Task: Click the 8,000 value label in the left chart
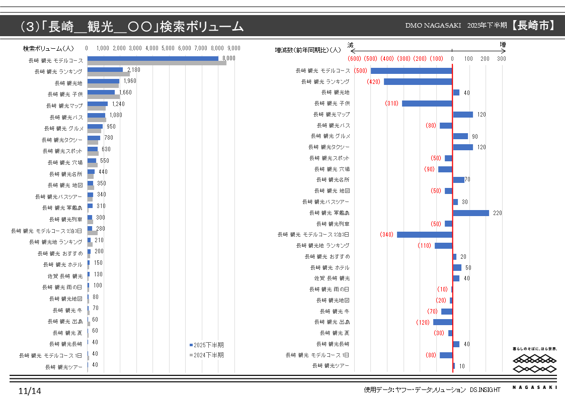pos(229,59)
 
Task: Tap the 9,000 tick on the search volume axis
pos(233,48)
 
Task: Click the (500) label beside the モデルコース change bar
pos(360,71)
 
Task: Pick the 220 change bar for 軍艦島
pos(470,213)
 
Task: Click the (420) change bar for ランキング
pos(418,81)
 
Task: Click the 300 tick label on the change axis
pos(501,59)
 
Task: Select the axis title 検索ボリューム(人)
pos(48,48)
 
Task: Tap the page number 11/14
pos(30,391)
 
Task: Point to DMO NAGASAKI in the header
pos(433,26)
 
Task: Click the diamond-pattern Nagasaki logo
pos(535,364)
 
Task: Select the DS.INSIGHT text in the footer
pos(486,389)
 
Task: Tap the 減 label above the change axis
pos(351,45)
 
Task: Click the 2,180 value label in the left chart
pos(134,70)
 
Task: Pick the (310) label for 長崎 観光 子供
pos(391,104)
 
